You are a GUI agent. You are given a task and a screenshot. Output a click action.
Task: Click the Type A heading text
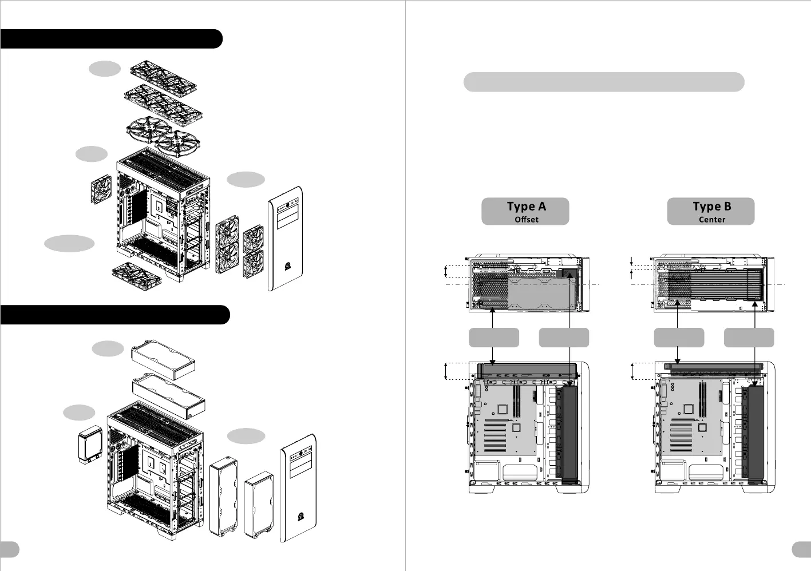[526, 207]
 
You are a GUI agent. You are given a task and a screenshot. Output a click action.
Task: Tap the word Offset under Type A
[526, 220]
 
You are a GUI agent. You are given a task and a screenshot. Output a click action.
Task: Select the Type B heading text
[711, 207]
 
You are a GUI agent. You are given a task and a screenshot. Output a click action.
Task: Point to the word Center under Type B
[711, 220]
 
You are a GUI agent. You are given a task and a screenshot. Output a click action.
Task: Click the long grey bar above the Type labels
[603, 82]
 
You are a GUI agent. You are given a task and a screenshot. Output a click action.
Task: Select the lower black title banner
[114, 315]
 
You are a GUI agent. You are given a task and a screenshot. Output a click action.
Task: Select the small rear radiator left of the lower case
[89, 445]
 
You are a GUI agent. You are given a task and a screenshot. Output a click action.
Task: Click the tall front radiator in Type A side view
[569, 434]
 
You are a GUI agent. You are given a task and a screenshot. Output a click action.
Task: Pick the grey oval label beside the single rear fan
[92, 154]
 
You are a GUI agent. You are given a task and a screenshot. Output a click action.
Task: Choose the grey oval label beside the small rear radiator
[79, 412]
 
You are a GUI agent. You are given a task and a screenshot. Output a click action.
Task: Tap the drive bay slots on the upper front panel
[287, 217]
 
